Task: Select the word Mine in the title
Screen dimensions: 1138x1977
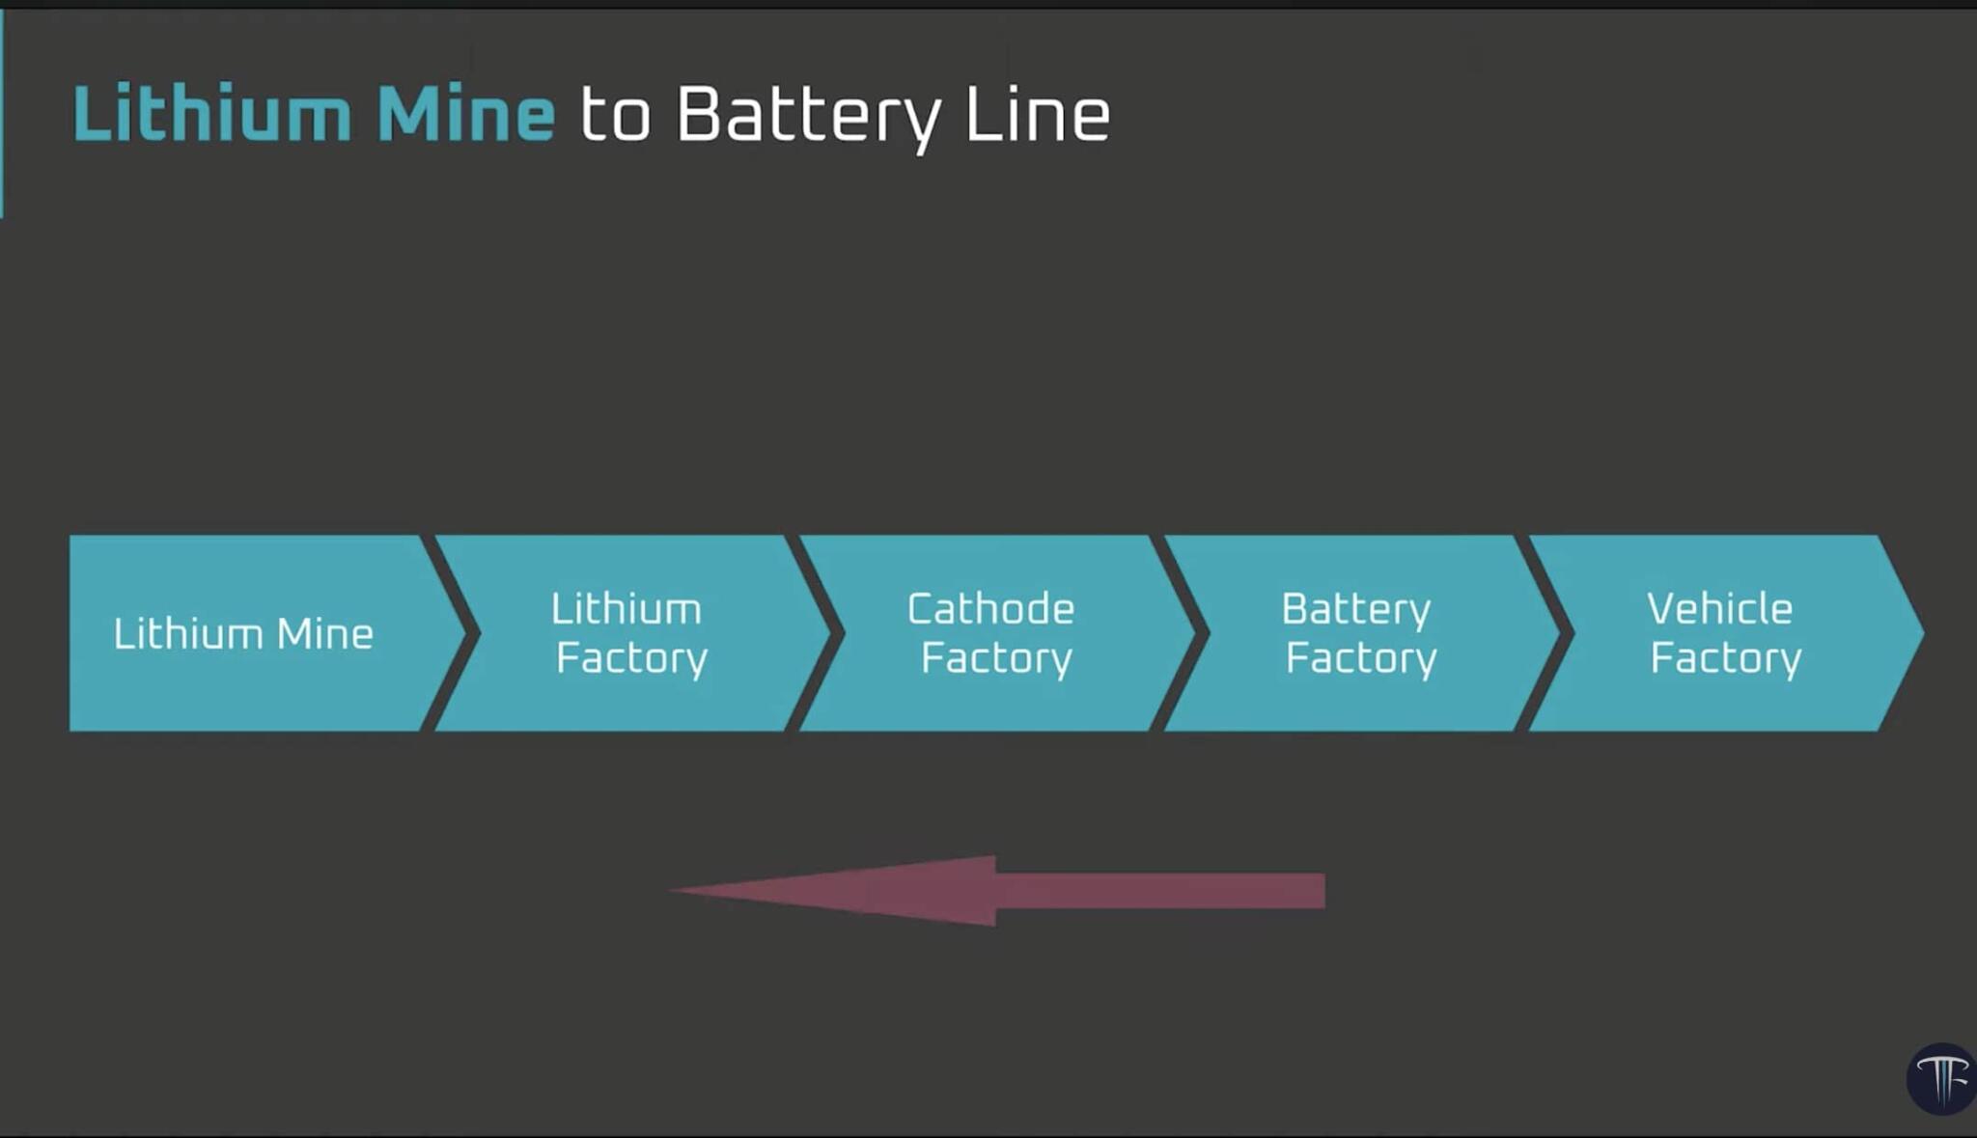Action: point(465,115)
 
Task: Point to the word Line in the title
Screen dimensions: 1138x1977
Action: point(1037,115)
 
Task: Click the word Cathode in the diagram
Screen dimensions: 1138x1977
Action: point(990,609)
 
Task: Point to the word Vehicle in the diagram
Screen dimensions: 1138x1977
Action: point(1719,609)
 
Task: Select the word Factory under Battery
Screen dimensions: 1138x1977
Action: point(1361,659)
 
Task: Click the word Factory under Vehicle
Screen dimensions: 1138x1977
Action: point(1726,659)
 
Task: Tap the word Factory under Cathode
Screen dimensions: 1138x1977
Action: point(996,659)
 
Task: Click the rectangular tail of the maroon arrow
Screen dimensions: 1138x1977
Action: point(1158,891)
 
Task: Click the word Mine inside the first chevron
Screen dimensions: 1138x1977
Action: point(324,634)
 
